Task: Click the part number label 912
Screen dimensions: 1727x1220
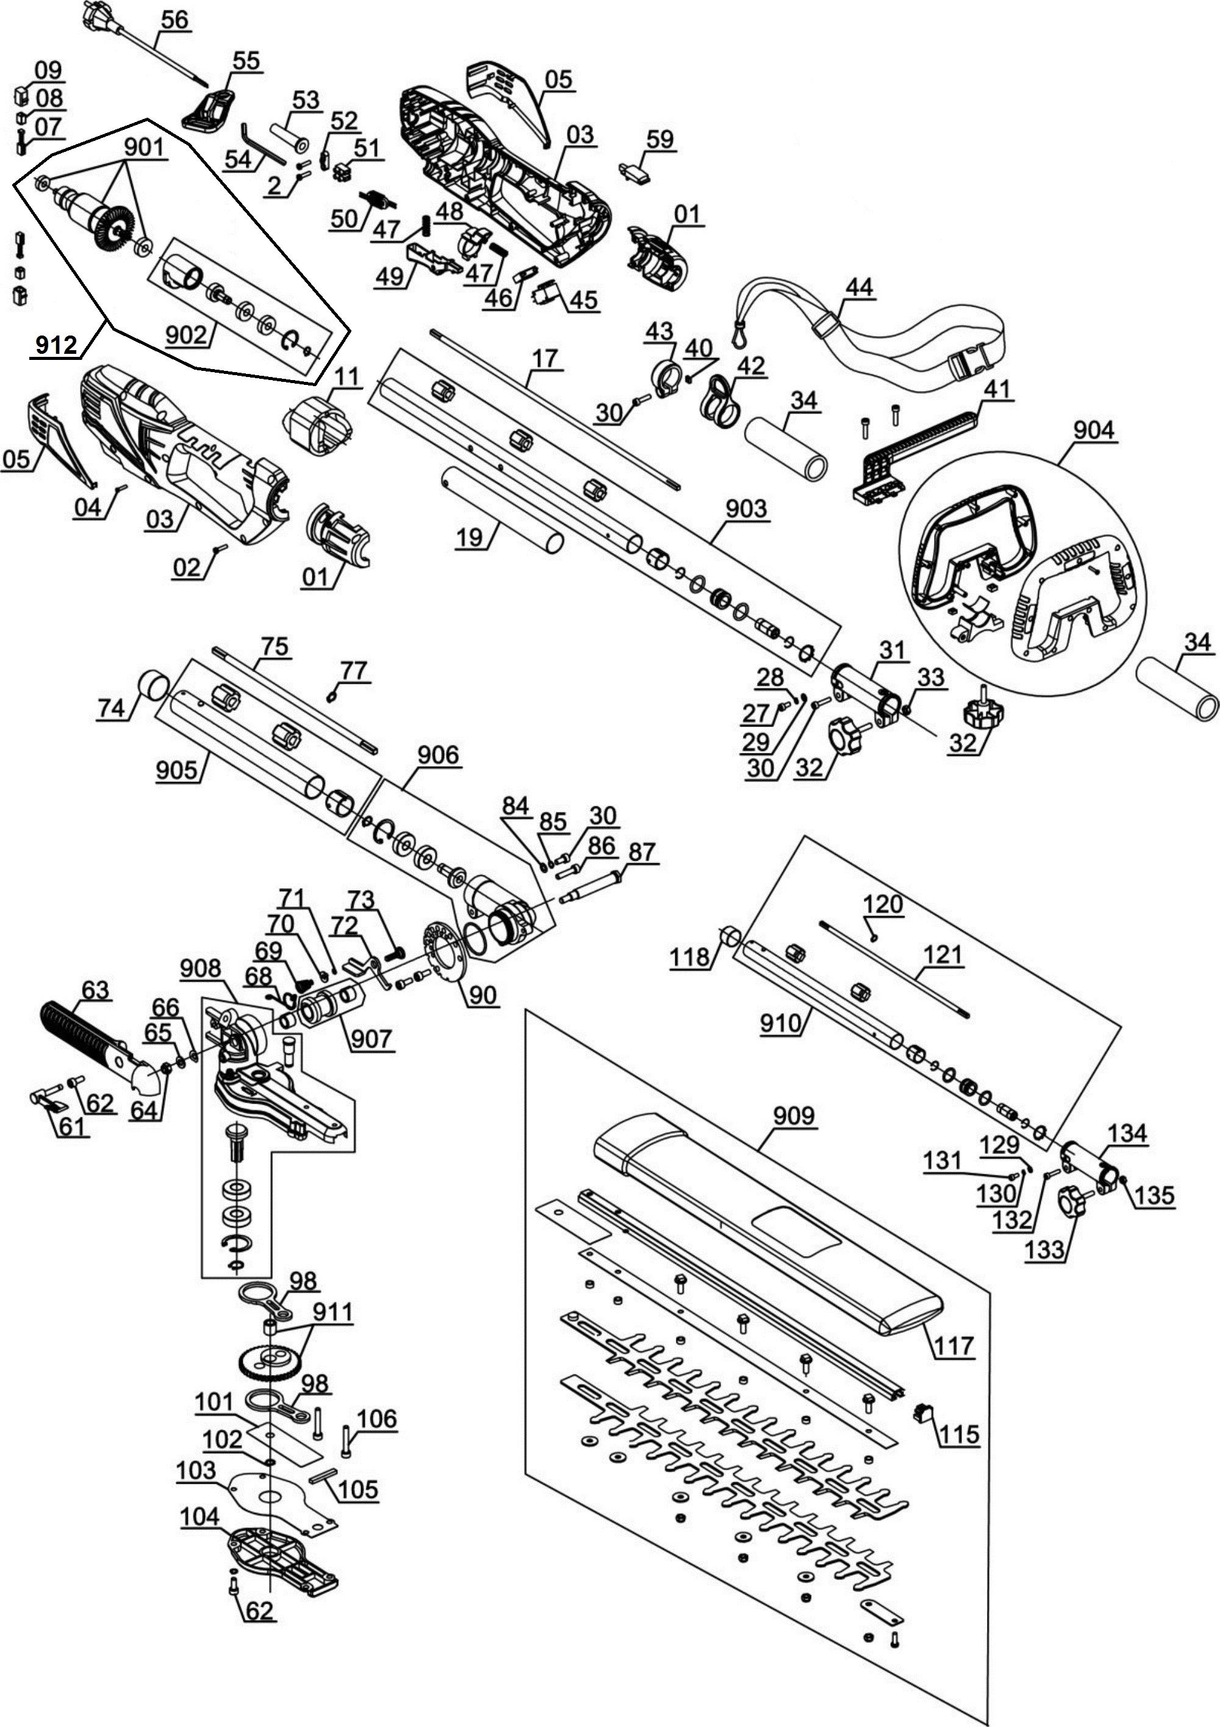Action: point(56,345)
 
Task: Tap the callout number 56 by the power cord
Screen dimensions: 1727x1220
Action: point(174,20)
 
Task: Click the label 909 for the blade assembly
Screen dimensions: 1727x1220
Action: point(794,1116)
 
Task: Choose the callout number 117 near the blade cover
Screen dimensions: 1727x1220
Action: point(954,1345)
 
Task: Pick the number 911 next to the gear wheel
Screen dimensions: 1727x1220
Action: point(332,1313)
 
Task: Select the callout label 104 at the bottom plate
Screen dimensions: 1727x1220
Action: point(199,1517)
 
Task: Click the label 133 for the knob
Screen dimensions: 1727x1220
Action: point(1045,1249)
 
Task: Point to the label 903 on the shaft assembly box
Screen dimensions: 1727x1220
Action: point(746,509)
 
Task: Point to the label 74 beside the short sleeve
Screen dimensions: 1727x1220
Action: point(110,707)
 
